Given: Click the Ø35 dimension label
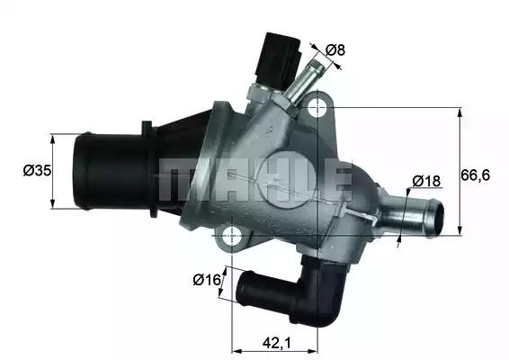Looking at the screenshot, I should [x=35, y=170].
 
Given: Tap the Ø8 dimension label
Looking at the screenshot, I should [x=335, y=49].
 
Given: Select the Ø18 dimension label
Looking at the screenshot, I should [x=426, y=181].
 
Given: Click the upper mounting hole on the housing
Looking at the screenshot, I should [x=317, y=109].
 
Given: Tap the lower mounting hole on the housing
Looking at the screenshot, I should [x=232, y=238].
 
